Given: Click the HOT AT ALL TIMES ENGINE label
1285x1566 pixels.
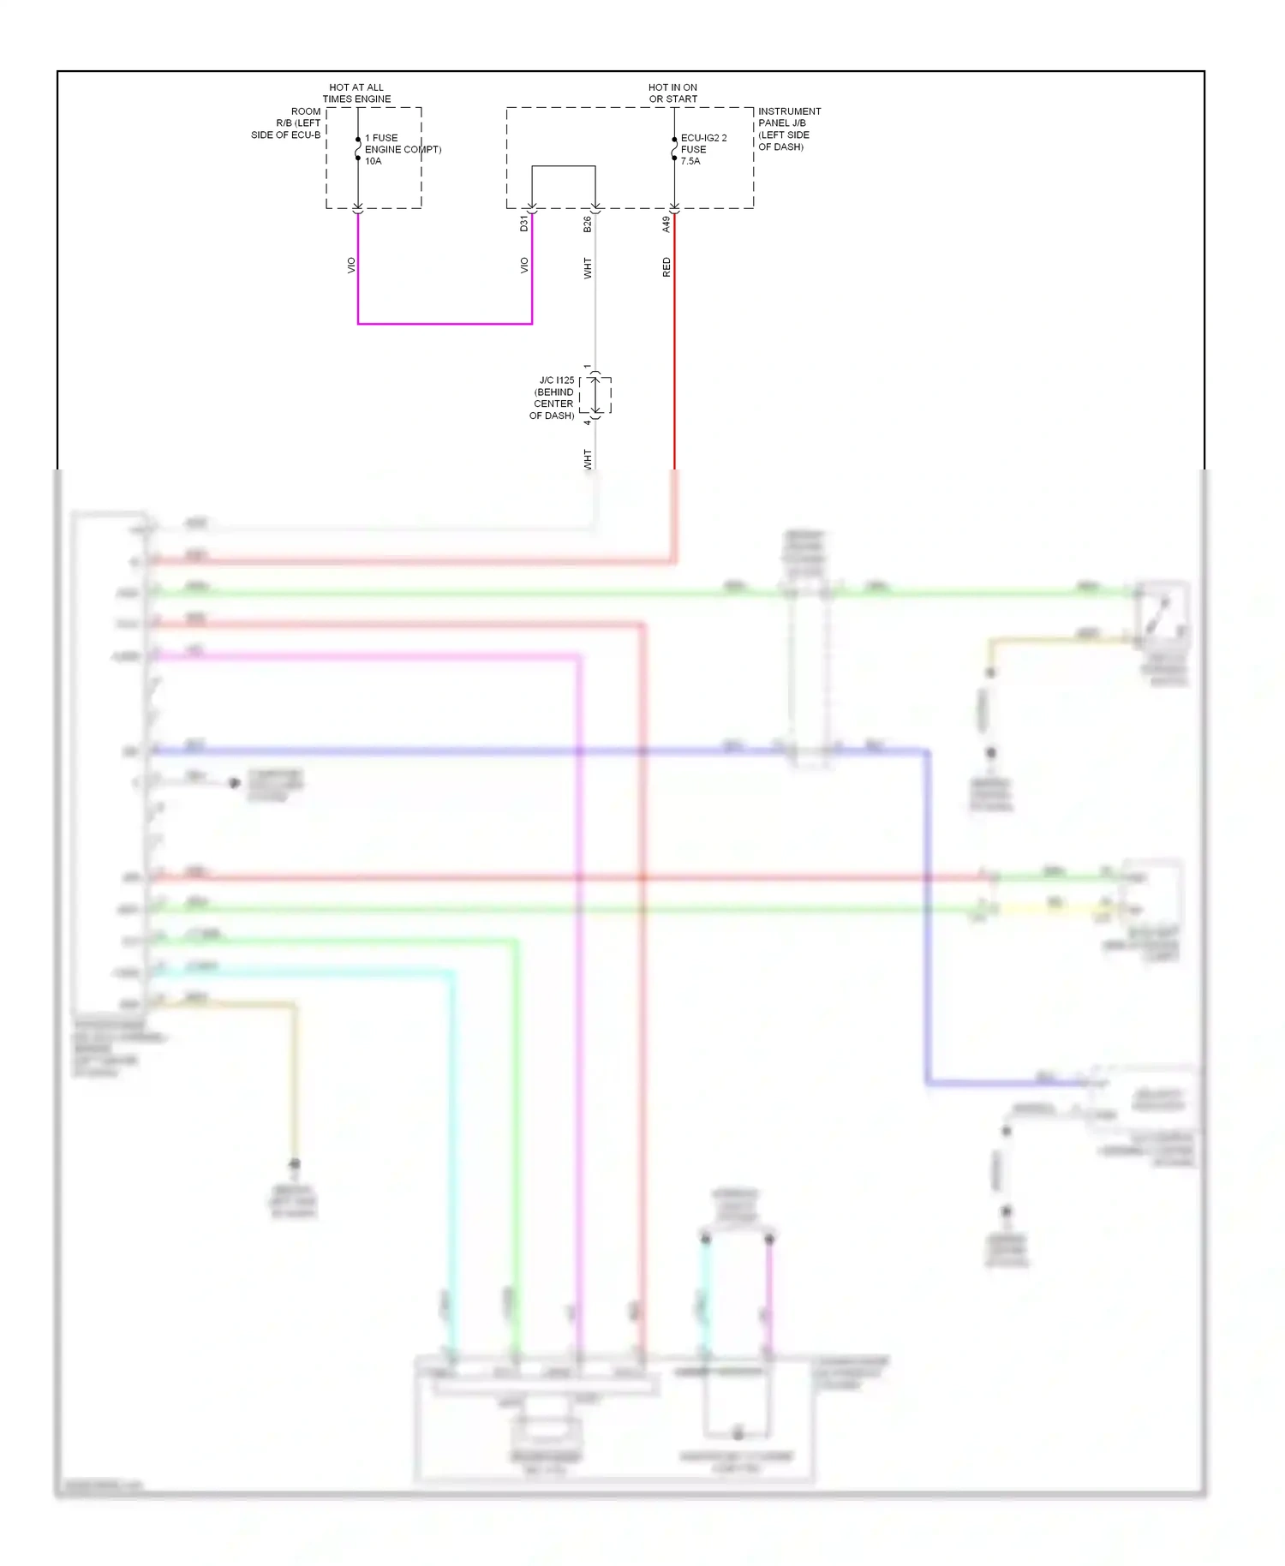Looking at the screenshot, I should [x=356, y=93].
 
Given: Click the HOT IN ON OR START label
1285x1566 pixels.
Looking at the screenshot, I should [x=672, y=93].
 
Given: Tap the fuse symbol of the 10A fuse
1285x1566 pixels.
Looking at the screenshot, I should [x=358, y=149].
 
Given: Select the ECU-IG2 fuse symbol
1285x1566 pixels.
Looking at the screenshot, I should [x=674, y=149].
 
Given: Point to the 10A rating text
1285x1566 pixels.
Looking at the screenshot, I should [x=374, y=161].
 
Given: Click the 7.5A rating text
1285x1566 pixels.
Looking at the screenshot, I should [x=690, y=161].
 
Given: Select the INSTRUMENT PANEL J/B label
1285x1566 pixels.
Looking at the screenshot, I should [x=788, y=129].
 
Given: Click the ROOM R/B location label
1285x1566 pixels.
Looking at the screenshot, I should [x=287, y=123].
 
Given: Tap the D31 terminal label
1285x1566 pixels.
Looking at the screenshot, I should [x=524, y=224].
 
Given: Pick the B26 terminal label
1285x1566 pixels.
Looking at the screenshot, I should [x=588, y=224].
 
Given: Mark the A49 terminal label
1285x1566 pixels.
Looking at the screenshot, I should [x=666, y=224].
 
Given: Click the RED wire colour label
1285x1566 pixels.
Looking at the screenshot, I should [x=666, y=267].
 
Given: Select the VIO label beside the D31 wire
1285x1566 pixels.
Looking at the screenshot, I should [x=524, y=266].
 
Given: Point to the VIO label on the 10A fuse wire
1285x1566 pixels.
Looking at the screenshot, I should [x=350, y=266].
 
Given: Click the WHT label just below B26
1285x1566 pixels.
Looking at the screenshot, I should [x=588, y=268].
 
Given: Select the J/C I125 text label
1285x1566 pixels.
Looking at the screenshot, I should [x=553, y=397].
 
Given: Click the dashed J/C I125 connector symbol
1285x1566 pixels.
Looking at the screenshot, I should [x=596, y=395].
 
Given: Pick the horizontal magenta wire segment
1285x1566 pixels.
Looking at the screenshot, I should [x=445, y=324].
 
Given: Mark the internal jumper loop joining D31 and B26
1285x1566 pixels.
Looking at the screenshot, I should [x=564, y=166].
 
